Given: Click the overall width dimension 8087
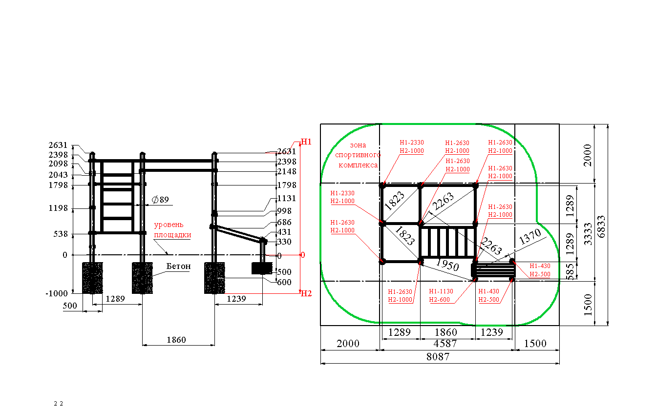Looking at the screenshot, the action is tap(438, 356).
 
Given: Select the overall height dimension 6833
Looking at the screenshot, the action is tap(601, 227).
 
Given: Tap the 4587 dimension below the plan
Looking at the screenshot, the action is tap(445, 343).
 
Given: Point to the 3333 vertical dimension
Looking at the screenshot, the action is tap(588, 234).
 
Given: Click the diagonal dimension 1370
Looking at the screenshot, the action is tap(530, 237).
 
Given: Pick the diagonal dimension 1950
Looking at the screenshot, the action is tap(447, 265).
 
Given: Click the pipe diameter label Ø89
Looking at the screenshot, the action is tap(160, 200).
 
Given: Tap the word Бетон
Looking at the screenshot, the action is tap(178, 266).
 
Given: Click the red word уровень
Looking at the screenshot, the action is tap(169, 225).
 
